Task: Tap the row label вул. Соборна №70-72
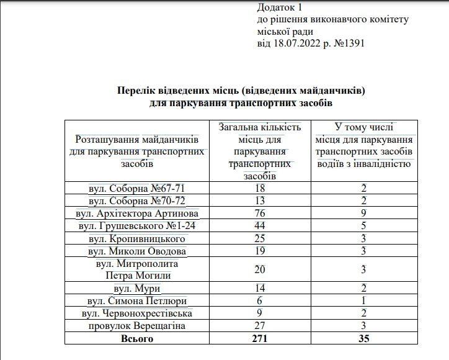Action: pos(137,200)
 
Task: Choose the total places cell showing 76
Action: pos(260,213)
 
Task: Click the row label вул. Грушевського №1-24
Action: pos(137,226)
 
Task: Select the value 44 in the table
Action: pos(260,226)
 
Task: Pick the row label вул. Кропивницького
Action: pos(137,238)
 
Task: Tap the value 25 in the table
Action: pos(260,238)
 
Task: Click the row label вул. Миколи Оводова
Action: pos(137,251)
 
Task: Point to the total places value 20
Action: pos(260,269)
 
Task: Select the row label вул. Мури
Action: pos(137,289)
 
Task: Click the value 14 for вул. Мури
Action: pos(260,289)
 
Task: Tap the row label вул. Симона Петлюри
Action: pos(137,301)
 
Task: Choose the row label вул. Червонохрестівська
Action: pos(137,313)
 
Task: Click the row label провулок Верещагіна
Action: pos(137,326)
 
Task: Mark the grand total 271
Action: pos(260,339)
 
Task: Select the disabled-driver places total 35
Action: pos(364,339)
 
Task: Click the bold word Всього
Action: pos(137,339)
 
